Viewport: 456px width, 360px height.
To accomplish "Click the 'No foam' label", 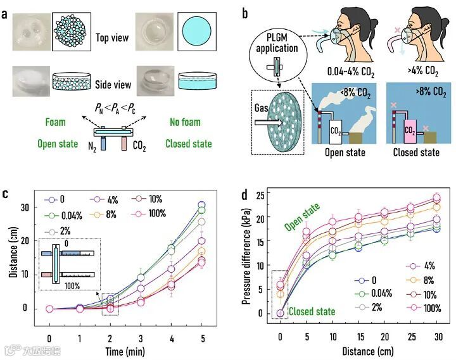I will pos(186,121).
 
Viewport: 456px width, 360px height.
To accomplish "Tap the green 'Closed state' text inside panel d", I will pos(310,312).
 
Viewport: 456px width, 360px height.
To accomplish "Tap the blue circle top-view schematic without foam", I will pos(198,30).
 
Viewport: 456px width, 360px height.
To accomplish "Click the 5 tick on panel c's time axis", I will pos(201,331).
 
